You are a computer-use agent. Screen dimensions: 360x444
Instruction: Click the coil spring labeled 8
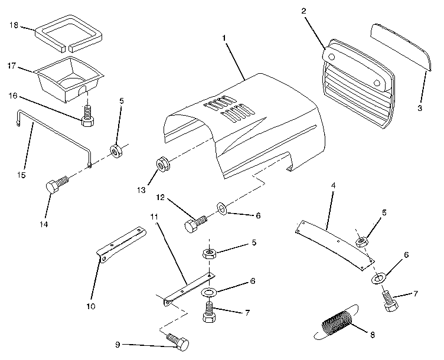coord(336,323)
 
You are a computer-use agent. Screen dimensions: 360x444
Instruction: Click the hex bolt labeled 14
coord(56,185)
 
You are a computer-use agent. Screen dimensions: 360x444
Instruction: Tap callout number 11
coord(154,218)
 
